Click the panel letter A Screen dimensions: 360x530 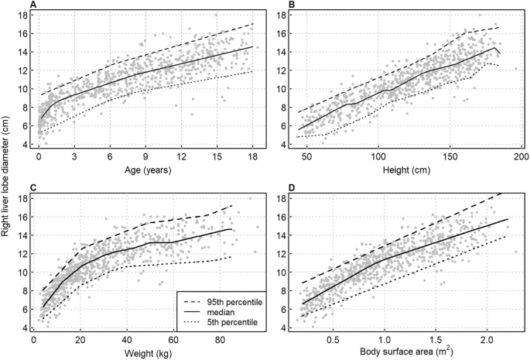[x=33, y=6]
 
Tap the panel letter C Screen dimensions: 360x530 [x=33, y=186]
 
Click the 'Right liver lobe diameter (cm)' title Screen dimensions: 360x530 [x=8, y=179]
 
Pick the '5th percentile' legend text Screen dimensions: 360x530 [x=223, y=320]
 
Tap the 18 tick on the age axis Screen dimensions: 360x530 [x=252, y=157]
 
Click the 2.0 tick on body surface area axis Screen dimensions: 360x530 [x=485, y=338]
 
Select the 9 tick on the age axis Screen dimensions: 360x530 [x=145, y=157]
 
